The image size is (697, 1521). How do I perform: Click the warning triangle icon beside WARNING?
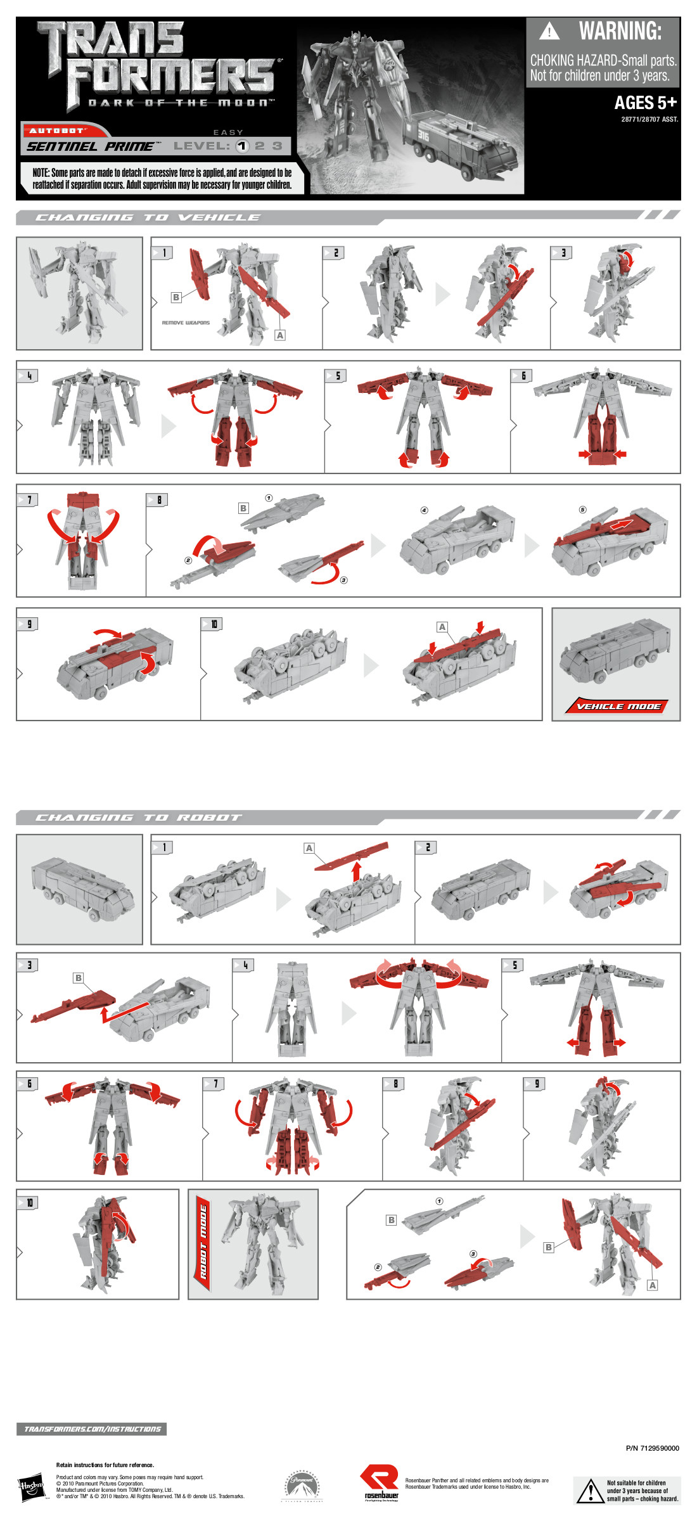[549, 31]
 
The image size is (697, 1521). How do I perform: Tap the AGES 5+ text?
[645, 103]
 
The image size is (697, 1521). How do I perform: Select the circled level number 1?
[242, 146]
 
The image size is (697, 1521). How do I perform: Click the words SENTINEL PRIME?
[89, 146]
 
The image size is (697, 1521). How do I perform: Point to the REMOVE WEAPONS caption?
[186, 323]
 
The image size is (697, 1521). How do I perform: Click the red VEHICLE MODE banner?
[618, 706]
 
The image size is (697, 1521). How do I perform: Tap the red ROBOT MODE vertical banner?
[203, 1243]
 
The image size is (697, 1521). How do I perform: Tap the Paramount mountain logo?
[302, 1486]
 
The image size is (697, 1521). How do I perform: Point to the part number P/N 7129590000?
[652, 1448]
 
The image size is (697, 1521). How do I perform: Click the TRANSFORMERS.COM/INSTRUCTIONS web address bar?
[92, 1429]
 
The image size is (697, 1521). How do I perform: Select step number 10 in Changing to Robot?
[29, 1203]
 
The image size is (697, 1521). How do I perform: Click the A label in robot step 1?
[309, 848]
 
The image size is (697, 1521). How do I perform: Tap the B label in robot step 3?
[79, 978]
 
